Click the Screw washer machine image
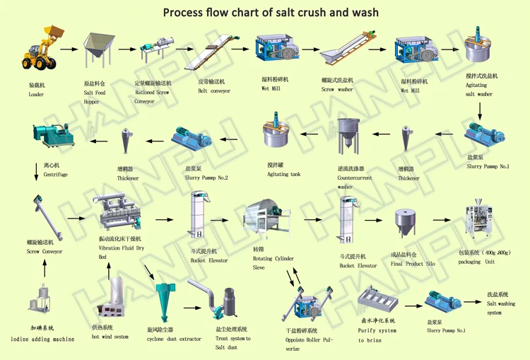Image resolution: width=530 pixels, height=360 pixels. (x=346, y=51)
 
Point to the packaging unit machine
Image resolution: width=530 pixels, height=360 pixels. (x=480, y=219)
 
